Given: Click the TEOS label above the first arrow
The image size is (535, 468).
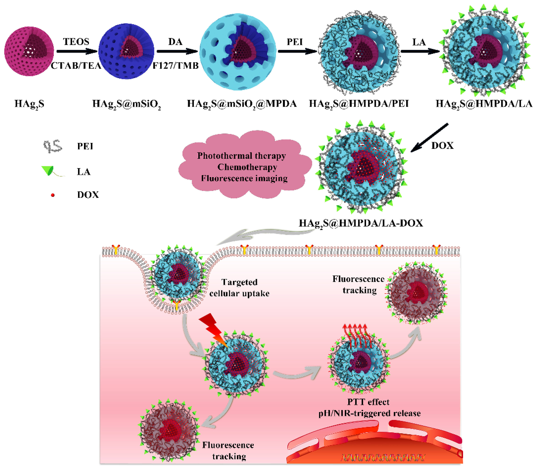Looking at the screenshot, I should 76,42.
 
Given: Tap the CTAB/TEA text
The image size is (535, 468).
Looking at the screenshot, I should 76,66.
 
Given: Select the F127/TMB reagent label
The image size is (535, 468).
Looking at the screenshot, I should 175,66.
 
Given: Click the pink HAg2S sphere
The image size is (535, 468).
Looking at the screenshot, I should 29,51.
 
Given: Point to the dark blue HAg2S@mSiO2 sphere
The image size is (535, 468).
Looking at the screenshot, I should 126,51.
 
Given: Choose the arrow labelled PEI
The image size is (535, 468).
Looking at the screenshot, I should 297,51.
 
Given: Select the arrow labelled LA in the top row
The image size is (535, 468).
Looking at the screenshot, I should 420,51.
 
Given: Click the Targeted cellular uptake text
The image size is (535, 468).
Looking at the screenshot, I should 239,288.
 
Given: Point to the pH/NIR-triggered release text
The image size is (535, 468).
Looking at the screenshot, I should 369,413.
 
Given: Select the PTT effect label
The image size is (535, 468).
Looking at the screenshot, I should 368,402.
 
